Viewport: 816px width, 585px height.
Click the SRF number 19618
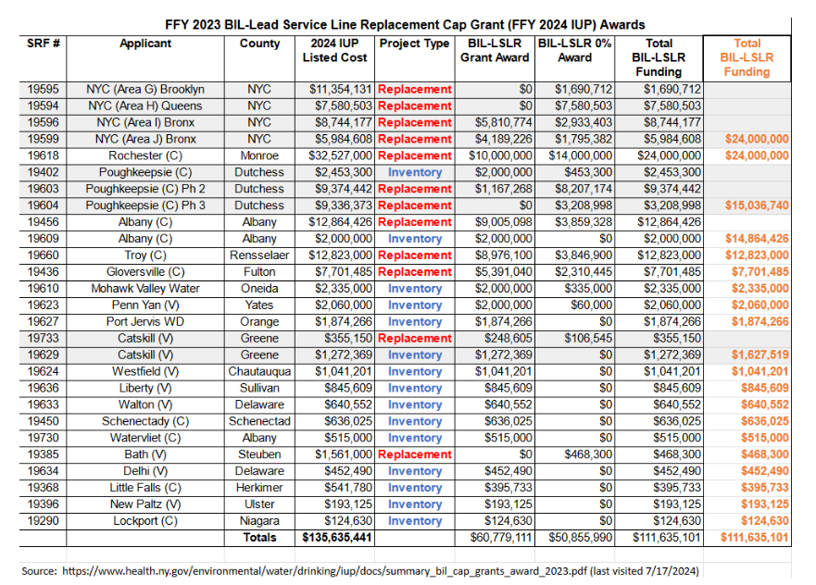(44, 156)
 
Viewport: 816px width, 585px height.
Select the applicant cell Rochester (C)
(145, 156)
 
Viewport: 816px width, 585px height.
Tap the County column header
(259, 44)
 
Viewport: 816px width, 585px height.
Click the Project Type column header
(414, 44)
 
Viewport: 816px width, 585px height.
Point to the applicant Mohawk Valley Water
(145, 289)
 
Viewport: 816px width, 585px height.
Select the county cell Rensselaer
(259, 255)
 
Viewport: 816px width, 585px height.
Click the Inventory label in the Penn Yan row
(415, 305)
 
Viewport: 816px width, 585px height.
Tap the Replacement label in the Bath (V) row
(415, 454)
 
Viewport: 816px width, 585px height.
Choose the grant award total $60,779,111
(501, 537)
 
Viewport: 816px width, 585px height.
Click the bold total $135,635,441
(337, 537)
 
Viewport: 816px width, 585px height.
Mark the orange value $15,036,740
(757, 205)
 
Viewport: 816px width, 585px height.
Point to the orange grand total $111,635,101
(755, 537)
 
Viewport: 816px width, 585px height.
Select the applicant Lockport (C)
(145, 520)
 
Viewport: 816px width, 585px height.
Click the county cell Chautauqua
(259, 371)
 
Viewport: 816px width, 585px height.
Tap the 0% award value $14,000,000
(580, 156)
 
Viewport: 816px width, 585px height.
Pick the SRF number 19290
(44, 520)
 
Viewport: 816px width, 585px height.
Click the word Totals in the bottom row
(259, 537)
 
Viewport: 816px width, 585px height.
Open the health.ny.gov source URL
(325, 571)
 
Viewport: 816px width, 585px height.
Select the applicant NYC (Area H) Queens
(145, 106)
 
